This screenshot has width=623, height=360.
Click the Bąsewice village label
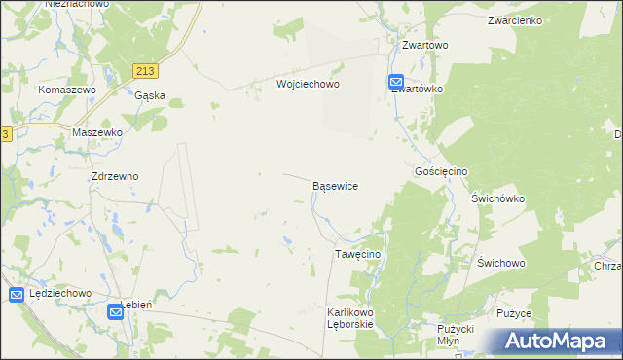[x=335, y=185]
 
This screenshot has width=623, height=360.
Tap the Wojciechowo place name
[x=308, y=85]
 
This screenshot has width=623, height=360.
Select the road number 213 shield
[x=146, y=71]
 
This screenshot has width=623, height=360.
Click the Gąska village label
[x=150, y=95]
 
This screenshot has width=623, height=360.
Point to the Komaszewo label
[x=66, y=90]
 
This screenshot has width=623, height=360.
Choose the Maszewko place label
[x=97, y=131]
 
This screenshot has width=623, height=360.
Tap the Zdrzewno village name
[x=114, y=177]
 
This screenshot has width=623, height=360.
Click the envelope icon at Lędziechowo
[x=17, y=295]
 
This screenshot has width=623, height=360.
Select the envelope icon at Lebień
[x=115, y=311]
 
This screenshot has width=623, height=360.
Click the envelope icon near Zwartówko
[x=396, y=82]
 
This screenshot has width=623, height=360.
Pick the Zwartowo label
[x=424, y=45]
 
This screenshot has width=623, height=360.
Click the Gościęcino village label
[x=441, y=171]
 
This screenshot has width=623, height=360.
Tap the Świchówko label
[x=497, y=198]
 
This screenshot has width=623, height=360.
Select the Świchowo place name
[x=501, y=264]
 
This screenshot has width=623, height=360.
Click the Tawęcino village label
[x=357, y=254]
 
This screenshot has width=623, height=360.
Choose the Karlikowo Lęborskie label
[x=350, y=318]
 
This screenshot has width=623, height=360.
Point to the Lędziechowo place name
[x=60, y=293]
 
